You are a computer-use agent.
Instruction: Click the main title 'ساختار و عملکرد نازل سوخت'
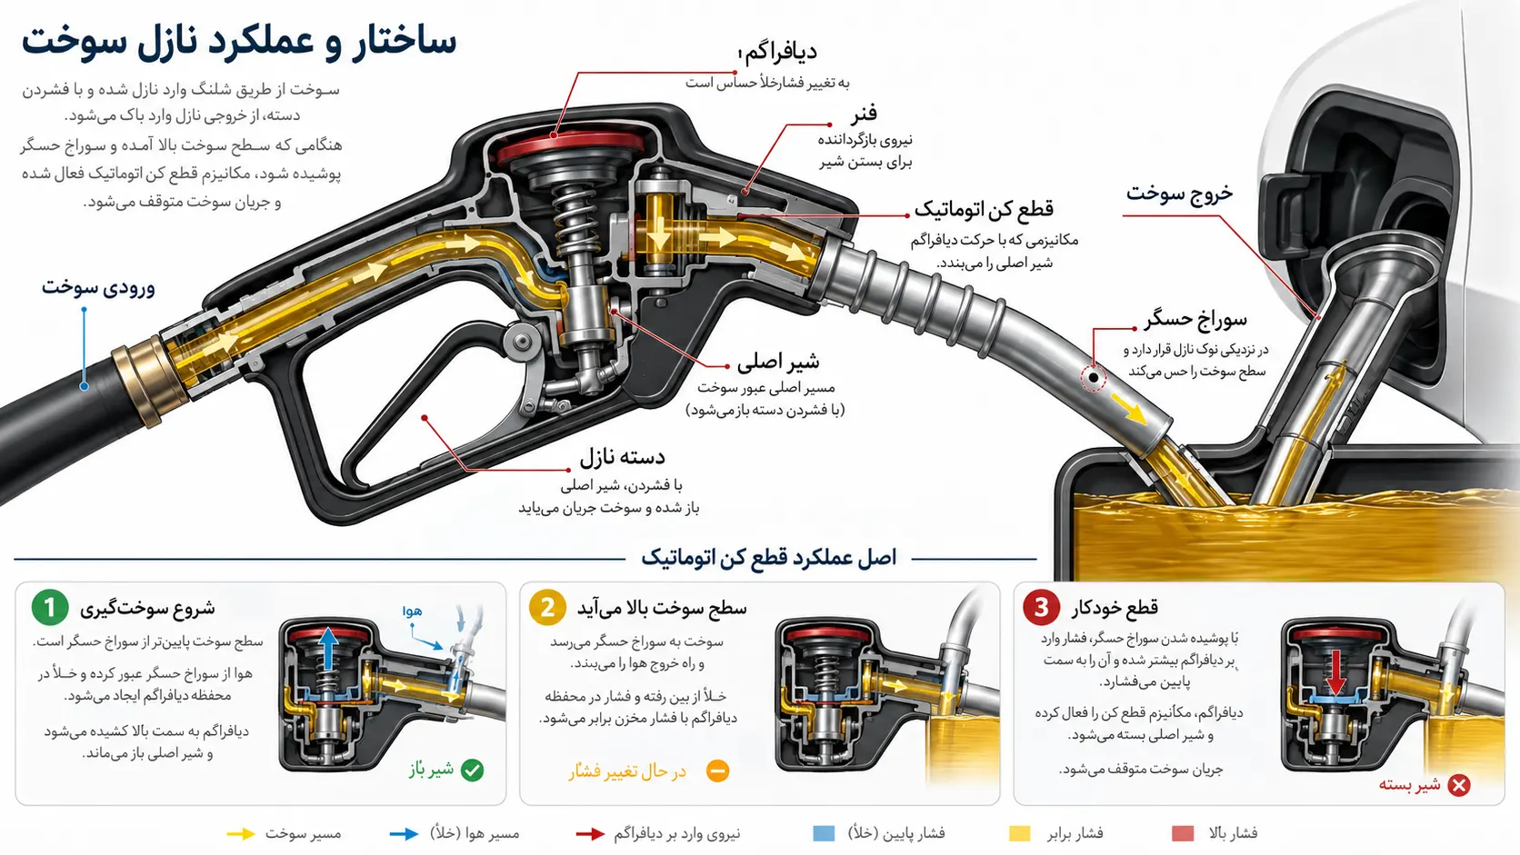click(239, 42)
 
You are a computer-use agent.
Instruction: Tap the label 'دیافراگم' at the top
click(780, 52)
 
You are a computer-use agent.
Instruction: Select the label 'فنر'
click(864, 113)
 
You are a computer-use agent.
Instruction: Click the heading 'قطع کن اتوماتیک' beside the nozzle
click(984, 210)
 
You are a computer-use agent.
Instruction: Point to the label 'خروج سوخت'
click(1179, 194)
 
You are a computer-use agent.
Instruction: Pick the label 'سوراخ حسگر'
click(1195, 319)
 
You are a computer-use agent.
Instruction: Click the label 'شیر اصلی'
click(778, 362)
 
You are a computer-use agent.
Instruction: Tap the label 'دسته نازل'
click(622, 457)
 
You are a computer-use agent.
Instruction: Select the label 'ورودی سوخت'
click(98, 287)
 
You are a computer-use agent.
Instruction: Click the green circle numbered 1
click(50, 607)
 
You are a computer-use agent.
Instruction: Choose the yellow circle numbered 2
click(547, 607)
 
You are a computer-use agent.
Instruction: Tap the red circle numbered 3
click(1041, 607)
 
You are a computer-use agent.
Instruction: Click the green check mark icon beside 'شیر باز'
click(473, 770)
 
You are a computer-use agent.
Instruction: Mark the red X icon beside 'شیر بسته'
click(1459, 785)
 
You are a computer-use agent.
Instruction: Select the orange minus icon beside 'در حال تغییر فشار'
click(717, 770)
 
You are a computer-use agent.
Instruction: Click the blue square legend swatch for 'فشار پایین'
click(824, 833)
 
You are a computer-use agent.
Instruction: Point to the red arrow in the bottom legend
click(590, 834)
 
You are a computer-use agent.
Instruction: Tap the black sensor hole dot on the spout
click(1094, 377)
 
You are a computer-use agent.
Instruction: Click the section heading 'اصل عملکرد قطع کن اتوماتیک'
click(769, 558)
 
